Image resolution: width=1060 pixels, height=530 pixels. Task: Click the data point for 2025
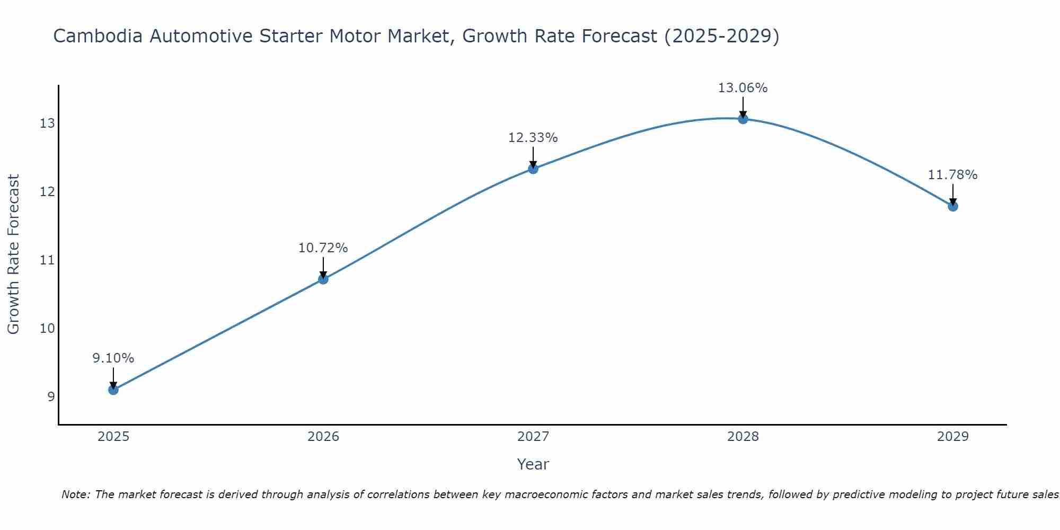point(113,390)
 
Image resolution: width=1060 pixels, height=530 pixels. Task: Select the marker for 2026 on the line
point(323,279)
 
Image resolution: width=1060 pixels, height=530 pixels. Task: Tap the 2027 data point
point(533,169)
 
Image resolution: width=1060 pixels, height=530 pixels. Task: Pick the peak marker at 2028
point(743,119)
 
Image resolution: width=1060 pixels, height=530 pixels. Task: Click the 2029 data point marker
point(953,206)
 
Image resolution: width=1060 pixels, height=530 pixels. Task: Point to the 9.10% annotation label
point(113,358)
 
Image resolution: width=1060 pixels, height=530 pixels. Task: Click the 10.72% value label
point(323,248)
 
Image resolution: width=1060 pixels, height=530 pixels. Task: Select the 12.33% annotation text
point(533,138)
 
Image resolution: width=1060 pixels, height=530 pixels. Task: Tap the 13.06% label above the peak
point(743,88)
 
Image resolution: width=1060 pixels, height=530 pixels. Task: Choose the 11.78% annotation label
point(953,175)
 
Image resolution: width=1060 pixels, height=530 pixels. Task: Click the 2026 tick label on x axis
point(323,437)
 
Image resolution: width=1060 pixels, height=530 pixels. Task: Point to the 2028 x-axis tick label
point(743,437)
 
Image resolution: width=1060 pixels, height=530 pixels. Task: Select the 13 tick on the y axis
point(47,123)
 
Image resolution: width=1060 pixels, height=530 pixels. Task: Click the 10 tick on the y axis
point(47,329)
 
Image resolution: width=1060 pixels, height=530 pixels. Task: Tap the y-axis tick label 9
point(51,397)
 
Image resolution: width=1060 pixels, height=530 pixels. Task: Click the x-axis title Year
point(533,464)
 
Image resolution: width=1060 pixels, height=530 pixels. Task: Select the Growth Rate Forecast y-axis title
point(14,254)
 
